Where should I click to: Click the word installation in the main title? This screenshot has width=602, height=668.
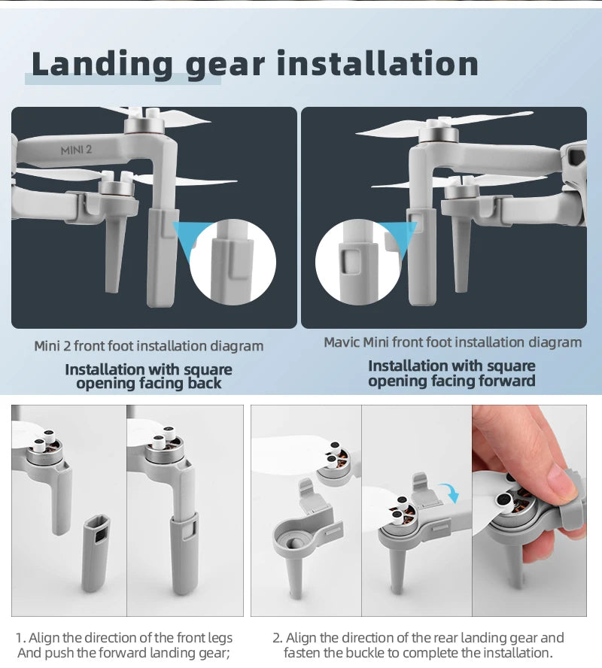pyautogui.click(x=377, y=64)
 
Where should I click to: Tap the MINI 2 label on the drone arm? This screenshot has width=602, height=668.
pyautogui.click(x=76, y=150)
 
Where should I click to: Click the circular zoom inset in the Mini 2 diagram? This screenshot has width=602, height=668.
pyautogui.click(x=233, y=262)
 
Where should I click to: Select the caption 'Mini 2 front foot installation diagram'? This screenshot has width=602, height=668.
pyautogui.click(x=149, y=346)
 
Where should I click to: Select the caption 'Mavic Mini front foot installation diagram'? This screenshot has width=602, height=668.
pyautogui.click(x=452, y=342)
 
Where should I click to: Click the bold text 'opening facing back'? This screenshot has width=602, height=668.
pyautogui.click(x=149, y=383)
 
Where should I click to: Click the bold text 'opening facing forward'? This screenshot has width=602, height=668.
pyautogui.click(x=451, y=381)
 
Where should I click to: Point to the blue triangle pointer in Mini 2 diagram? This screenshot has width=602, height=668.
pyautogui.click(x=186, y=235)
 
